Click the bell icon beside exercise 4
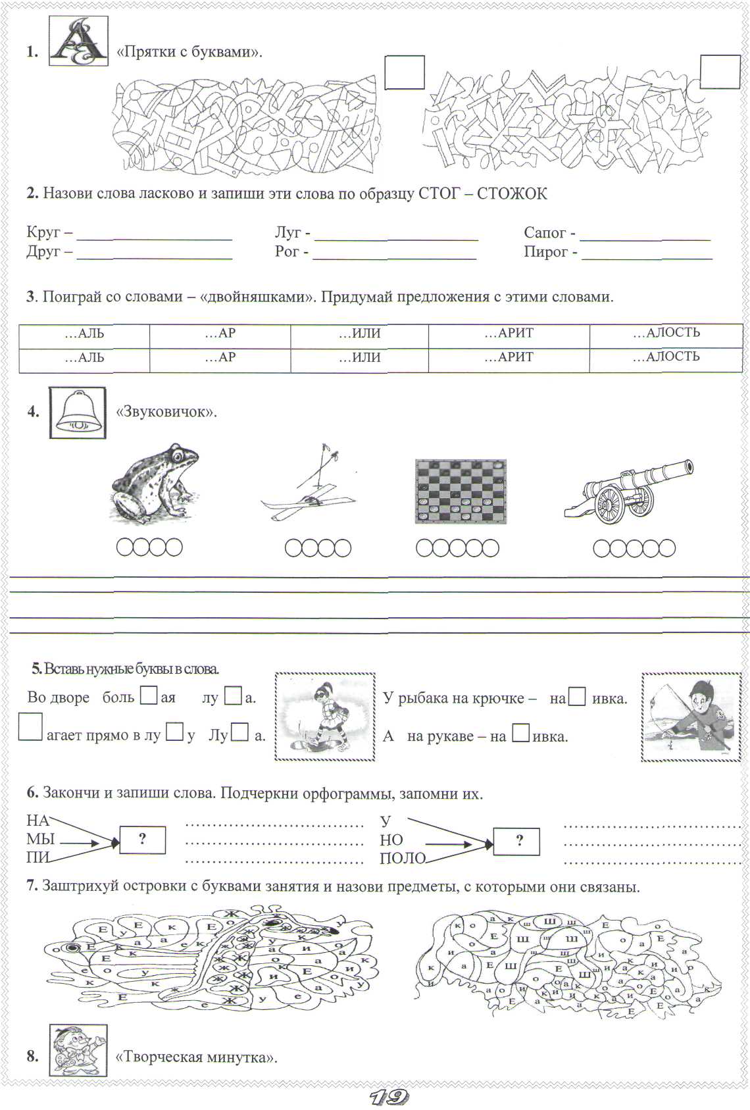pyautogui.click(x=78, y=413)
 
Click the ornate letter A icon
pyautogui.click(x=78, y=41)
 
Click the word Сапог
pyautogui.click(x=545, y=232)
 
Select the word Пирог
pyautogui.click(x=545, y=251)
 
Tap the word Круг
pyautogui.click(x=43, y=232)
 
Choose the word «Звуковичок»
pyautogui.click(x=166, y=413)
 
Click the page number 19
pyautogui.click(x=389, y=1097)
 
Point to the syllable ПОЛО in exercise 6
pyautogui.click(x=403, y=858)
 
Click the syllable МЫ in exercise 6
pyautogui.click(x=40, y=840)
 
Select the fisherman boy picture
pyautogui.click(x=690, y=717)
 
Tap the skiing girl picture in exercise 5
pyautogui.click(x=325, y=717)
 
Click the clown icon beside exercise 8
pyautogui.click(x=78, y=1051)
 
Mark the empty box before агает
pyautogui.click(x=30, y=727)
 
